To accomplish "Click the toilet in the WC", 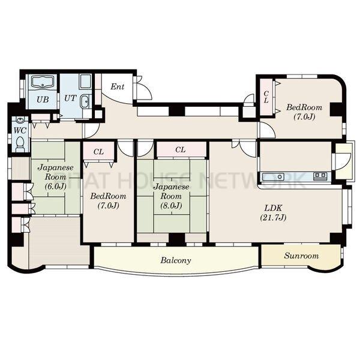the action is click(x=20, y=144).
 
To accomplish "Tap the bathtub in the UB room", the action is click(x=43, y=82).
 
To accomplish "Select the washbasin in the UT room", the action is click(x=85, y=101).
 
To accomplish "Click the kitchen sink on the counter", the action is click(x=273, y=177).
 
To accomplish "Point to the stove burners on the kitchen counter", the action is click(x=320, y=176).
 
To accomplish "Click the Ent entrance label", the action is click(x=118, y=86).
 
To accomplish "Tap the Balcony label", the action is click(x=176, y=260).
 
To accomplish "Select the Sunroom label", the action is click(x=301, y=256).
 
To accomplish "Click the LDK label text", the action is click(x=273, y=208).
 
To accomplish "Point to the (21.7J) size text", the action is click(x=273, y=218).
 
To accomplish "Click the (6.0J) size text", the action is click(x=56, y=186).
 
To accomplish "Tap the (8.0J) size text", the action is click(x=171, y=205).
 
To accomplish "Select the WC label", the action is click(x=20, y=130).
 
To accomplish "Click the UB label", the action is click(x=43, y=100).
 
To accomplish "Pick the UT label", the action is click(x=70, y=98).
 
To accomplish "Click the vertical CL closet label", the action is click(x=266, y=97).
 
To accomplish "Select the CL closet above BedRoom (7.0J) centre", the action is click(x=98, y=152).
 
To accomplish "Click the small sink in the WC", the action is click(x=20, y=120).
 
